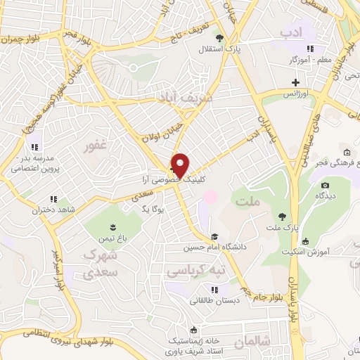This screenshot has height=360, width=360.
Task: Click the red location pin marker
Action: point(181,165)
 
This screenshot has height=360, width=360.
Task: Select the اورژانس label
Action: point(295,94)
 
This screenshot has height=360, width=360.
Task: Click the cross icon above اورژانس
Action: point(296,83)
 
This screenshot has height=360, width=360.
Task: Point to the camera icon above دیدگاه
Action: point(324,186)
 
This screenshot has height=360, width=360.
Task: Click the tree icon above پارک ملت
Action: point(281,217)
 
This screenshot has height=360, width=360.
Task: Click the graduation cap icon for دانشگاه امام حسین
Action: point(214,237)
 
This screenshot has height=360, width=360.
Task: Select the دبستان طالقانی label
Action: point(215,300)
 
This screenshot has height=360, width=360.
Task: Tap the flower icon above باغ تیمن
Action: point(111,226)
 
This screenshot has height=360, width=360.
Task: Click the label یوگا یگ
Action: point(153,210)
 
